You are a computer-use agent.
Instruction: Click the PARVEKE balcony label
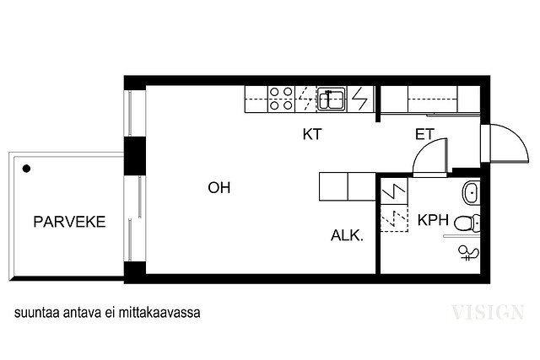click(69, 222)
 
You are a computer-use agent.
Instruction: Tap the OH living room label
click(219, 187)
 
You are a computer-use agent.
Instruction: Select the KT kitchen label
click(312, 134)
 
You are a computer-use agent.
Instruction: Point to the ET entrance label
click(424, 134)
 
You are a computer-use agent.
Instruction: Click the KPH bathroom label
click(433, 220)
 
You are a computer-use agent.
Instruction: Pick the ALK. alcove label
click(347, 235)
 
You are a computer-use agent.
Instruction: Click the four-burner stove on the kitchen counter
click(281, 99)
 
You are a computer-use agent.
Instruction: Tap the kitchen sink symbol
click(332, 99)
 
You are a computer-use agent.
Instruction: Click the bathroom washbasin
click(471, 191)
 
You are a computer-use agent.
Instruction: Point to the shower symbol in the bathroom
click(469, 253)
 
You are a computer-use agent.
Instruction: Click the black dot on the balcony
click(26, 169)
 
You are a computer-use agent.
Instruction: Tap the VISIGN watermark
click(488, 312)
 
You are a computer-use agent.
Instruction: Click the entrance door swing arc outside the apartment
click(517, 136)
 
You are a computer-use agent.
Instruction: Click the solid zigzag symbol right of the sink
click(360, 99)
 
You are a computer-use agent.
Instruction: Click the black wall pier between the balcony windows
click(135, 156)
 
